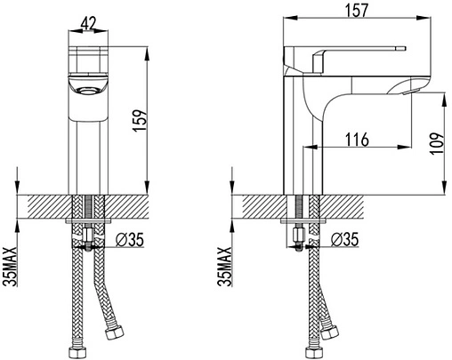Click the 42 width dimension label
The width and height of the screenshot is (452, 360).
tap(88, 23)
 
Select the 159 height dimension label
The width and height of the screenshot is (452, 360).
tap(140, 121)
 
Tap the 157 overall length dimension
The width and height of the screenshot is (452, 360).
tap(357, 10)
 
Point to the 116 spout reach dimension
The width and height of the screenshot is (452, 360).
tap(357, 140)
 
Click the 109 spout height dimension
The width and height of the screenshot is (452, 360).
tap(437, 143)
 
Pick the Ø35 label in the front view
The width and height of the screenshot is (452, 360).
tap(129, 239)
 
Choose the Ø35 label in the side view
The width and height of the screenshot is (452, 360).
tap(344, 239)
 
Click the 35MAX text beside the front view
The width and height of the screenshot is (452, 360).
tap(10, 267)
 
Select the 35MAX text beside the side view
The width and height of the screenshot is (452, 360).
tap(224, 267)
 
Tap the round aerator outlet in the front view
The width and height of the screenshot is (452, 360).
tap(88, 90)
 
